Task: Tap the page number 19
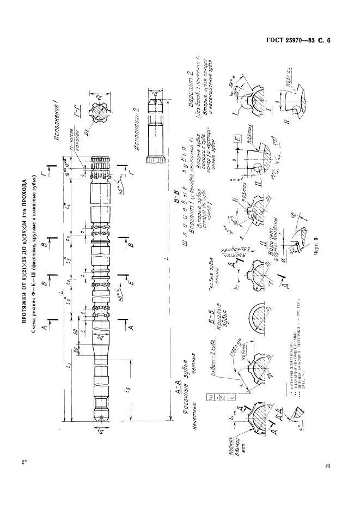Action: coord(327,465)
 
